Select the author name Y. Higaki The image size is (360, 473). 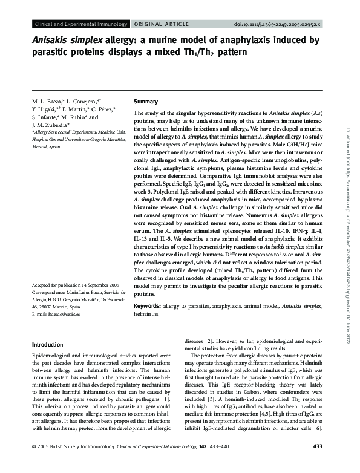46,109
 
